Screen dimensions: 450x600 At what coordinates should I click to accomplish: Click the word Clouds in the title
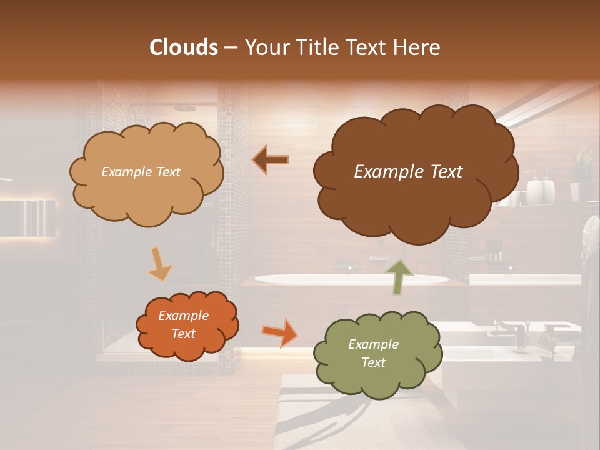click(x=184, y=47)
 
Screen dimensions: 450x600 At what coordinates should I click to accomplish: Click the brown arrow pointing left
click(x=271, y=160)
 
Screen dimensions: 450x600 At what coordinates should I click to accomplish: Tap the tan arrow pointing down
click(x=159, y=264)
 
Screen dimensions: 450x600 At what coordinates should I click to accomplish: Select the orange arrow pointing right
click(x=279, y=332)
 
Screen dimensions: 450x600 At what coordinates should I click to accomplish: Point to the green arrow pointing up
click(x=399, y=276)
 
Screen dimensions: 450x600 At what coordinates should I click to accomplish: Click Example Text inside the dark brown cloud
click(x=408, y=172)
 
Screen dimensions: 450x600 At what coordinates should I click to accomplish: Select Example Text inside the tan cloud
click(x=141, y=172)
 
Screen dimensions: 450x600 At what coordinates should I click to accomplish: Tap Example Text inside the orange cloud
click(x=184, y=325)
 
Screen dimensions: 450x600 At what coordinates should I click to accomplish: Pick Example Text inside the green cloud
click(x=373, y=353)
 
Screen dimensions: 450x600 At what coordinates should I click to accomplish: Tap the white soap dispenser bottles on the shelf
click(x=541, y=187)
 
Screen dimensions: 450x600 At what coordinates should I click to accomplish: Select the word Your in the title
click(x=267, y=47)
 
